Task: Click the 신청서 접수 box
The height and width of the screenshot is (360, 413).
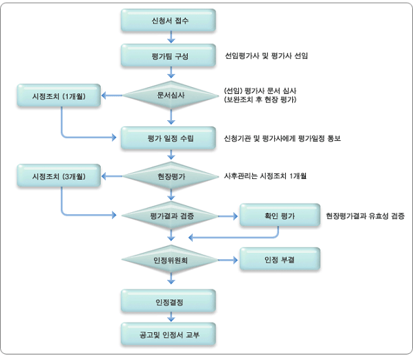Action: (169, 21)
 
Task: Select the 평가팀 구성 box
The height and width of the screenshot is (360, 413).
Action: (169, 55)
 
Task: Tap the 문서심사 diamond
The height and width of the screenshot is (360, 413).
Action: (171, 95)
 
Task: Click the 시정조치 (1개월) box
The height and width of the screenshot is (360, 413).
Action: (59, 95)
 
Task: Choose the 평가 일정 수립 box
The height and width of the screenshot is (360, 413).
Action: (169, 138)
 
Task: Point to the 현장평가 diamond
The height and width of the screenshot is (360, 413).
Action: (171, 176)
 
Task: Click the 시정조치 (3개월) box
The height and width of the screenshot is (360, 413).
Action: (59, 176)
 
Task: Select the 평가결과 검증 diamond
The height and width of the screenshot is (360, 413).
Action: (171, 216)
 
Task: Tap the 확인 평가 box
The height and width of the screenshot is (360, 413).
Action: (280, 216)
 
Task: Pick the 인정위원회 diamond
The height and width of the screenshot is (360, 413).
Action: (171, 260)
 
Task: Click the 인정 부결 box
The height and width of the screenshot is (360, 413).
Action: (280, 259)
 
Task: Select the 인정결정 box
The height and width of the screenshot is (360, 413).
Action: (169, 301)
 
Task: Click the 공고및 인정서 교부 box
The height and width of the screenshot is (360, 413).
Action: (169, 334)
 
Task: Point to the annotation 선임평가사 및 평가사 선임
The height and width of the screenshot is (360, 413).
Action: (267, 56)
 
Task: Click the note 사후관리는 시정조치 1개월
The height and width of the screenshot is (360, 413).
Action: (265, 176)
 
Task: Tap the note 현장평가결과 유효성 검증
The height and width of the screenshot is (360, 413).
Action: (365, 216)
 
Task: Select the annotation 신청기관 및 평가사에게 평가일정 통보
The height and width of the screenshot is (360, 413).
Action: (282, 138)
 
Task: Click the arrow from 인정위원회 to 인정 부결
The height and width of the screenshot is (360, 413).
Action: (228, 260)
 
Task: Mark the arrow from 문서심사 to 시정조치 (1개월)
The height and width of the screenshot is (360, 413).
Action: (112, 95)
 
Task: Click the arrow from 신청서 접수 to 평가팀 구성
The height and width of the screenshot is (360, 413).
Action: (171, 37)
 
